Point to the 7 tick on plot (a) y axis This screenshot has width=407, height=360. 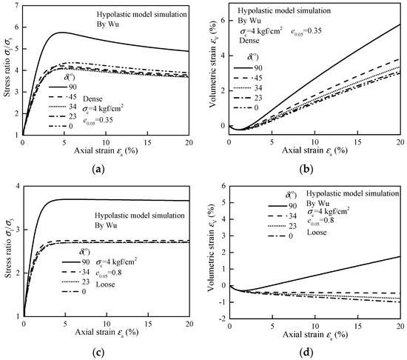coord(16,7)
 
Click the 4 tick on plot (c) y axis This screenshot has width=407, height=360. coord(16,184)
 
